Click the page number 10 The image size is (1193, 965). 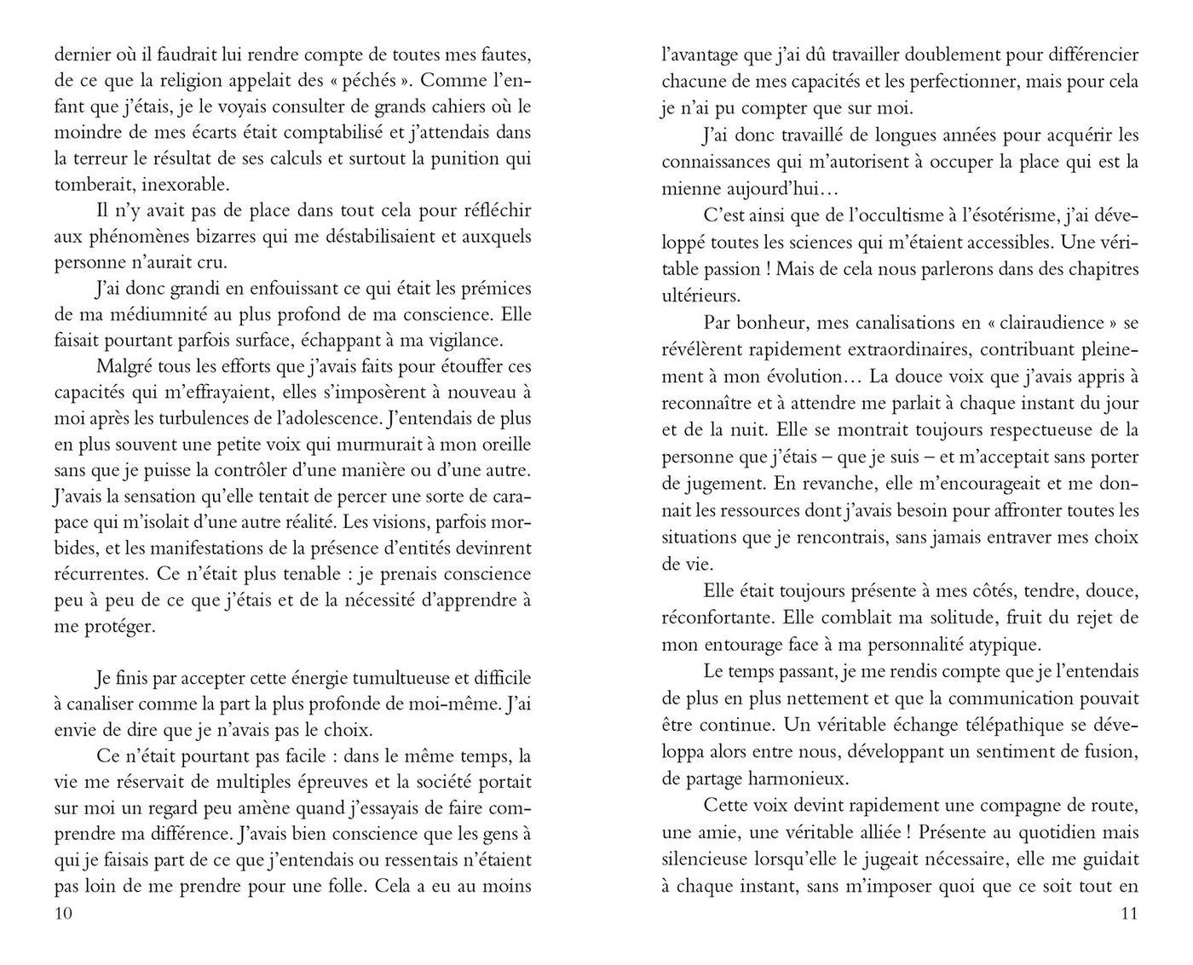[64, 914]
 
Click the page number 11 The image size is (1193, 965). [1129, 914]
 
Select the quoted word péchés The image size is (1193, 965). [368, 81]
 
